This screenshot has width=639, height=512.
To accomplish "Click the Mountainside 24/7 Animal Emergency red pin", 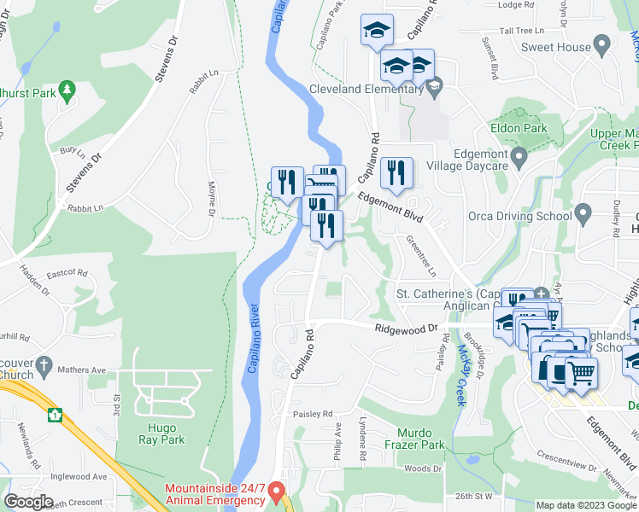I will click(x=277, y=492).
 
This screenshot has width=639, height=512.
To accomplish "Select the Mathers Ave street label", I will click(x=80, y=370).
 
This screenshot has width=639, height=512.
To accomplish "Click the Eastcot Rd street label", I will click(x=67, y=273).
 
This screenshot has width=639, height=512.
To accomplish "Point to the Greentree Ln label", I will click(x=421, y=255).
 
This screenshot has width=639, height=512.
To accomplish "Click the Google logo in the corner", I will click(x=28, y=502).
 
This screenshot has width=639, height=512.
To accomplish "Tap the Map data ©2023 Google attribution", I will click(x=586, y=505).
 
